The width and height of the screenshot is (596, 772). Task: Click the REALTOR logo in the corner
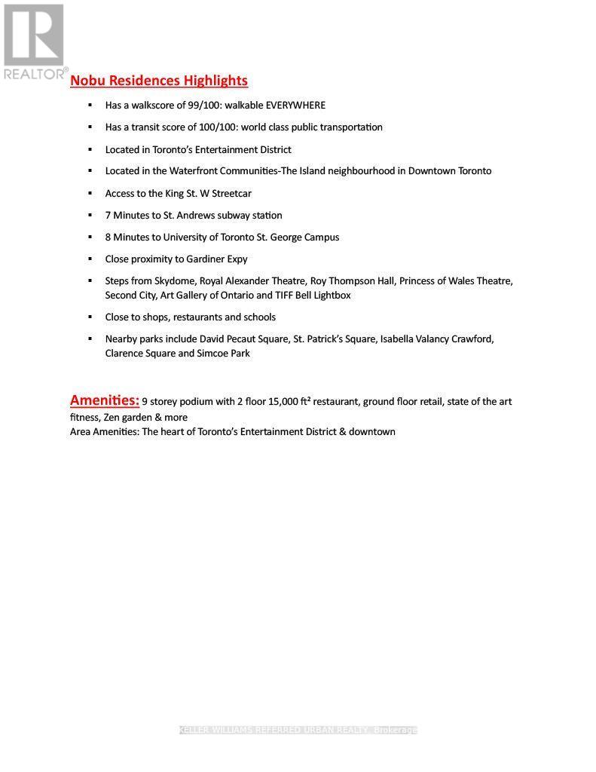tap(34, 41)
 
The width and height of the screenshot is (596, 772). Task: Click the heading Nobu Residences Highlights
tap(158, 81)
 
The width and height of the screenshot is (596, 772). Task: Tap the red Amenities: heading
tap(104, 400)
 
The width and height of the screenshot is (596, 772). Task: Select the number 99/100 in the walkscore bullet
tap(203, 106)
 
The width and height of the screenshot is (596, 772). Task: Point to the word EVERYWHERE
tap(295, 106)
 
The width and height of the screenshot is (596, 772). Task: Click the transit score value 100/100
tap(215, 127)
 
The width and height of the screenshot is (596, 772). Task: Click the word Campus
tap(322, 237)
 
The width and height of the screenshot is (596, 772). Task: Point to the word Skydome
tap(175, 281)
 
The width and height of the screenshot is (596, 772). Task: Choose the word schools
tap(259, 317)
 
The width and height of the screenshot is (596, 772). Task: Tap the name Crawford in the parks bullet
tap(472, 339)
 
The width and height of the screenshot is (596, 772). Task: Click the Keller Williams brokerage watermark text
tap(298, 730)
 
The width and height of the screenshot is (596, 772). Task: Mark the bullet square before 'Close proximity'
tap(90, 259)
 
